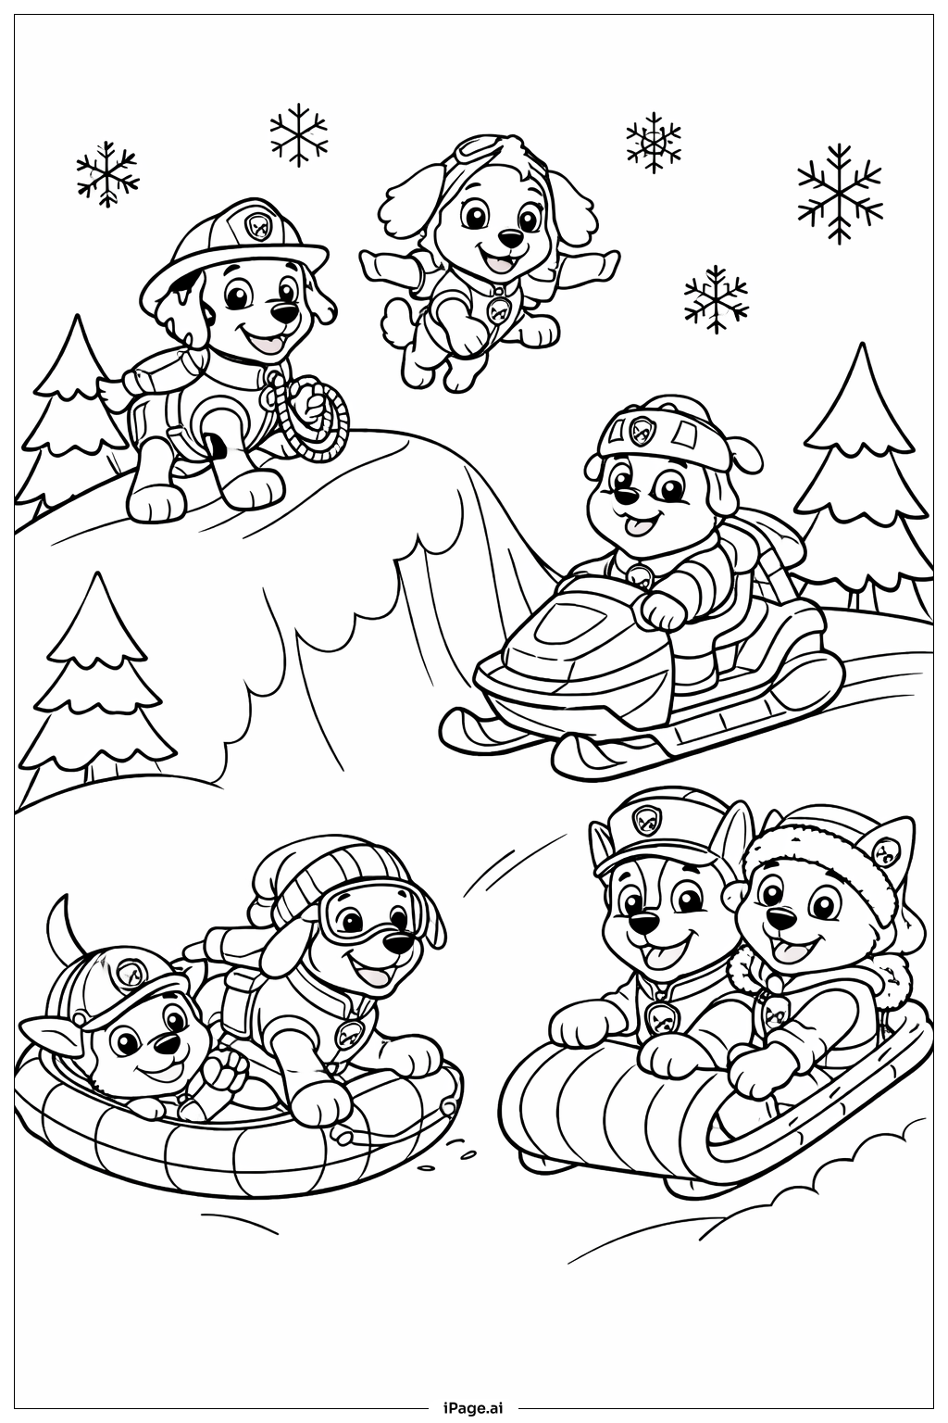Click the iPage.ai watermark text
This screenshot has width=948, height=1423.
coord(473,1409)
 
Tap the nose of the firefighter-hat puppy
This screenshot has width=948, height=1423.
coord(282,312)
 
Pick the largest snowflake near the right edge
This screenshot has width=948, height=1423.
coord(840,193)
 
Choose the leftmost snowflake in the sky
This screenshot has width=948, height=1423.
coord(106,175)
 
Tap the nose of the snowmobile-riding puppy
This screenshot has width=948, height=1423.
coord(626,497)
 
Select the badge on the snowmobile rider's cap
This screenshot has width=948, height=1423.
coord(636,432)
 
